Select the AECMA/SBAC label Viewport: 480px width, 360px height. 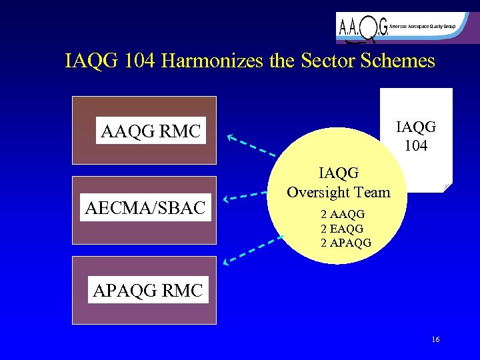[145, 208]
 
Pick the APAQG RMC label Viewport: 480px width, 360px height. [148, 291]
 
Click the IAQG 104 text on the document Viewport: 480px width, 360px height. [416, 135]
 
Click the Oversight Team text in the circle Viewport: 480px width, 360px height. [338, 192]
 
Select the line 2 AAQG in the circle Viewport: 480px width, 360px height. [343, 215]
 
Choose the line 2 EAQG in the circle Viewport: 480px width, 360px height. [342, 229]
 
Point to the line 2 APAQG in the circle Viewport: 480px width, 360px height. [346, 243]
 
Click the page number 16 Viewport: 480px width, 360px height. [435, 340]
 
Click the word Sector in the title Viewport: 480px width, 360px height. [331, 61]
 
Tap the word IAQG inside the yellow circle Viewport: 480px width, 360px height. [339, 173]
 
